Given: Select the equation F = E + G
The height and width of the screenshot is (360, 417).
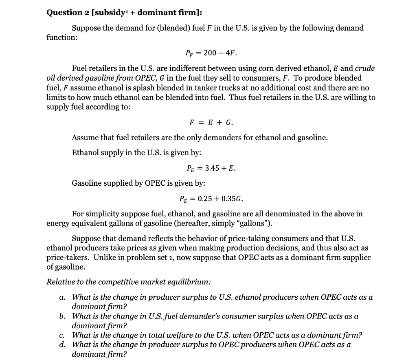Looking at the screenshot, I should point(211,122).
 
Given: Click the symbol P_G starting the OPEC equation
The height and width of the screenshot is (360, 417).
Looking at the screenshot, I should point(184,199).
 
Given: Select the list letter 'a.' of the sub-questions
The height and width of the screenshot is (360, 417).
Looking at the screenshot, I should point(62,297).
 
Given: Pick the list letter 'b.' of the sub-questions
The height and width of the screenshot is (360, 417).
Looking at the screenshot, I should point(62,316).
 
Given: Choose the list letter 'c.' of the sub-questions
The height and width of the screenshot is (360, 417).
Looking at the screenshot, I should point(62,335).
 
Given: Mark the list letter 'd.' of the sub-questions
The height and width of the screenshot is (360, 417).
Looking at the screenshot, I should point(62,345).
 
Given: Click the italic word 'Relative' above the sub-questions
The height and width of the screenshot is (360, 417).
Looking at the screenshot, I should point(60,282).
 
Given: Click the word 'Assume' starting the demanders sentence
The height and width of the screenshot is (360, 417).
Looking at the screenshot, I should point(84,138).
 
